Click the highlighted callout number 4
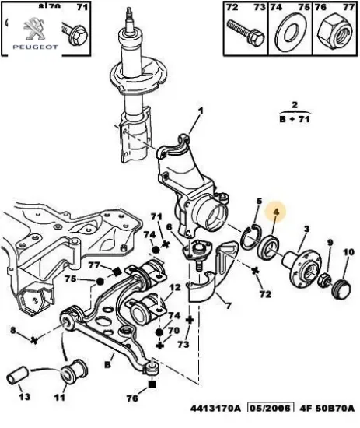pos(274,211)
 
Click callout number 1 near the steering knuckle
pos(198,111)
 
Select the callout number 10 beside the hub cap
pos(348,252)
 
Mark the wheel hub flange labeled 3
pos(299,264)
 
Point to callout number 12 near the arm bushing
pos(175,288)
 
